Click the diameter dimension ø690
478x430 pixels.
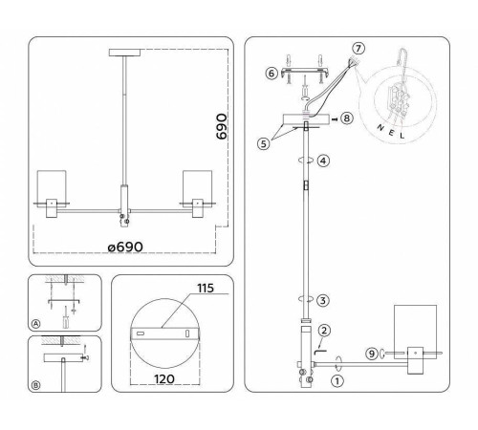(x=125, y=247)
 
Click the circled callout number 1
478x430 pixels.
(x=336, y=380)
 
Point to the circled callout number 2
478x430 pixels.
(x=325, y=331)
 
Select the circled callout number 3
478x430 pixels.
(x=323, y=300)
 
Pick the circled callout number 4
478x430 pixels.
(x=323, y=161)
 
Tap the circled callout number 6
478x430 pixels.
(x=272, y=73)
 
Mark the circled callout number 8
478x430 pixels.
(x=347, y=118)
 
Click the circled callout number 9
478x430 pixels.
(x=372, y=355)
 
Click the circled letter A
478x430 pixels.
(x=36, y=325)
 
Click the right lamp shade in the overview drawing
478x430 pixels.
(x=199, y=188)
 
